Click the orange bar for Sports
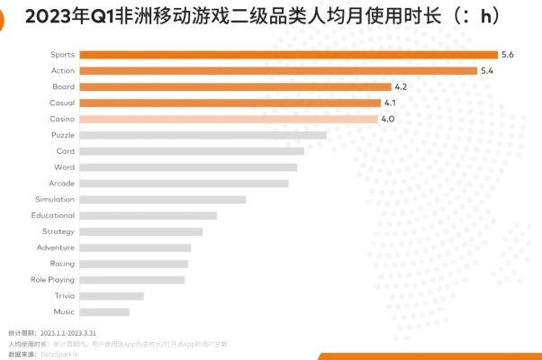[288, 55]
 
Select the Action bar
[278, 71]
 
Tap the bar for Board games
[235, 86]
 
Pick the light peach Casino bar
[229, 119]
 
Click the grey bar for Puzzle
[203, 135]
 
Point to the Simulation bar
[162, 199]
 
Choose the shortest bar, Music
[104, 312]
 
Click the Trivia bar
[112, 296]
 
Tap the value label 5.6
[508, 55]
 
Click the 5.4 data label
[487, 71]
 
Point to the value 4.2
[402, 86]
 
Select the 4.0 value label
[388, 119]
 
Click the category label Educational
[53, 215]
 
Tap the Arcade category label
[62, 183]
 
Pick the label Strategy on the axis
[59, 231]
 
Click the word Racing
[63, 264]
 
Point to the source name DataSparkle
[59, 354]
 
